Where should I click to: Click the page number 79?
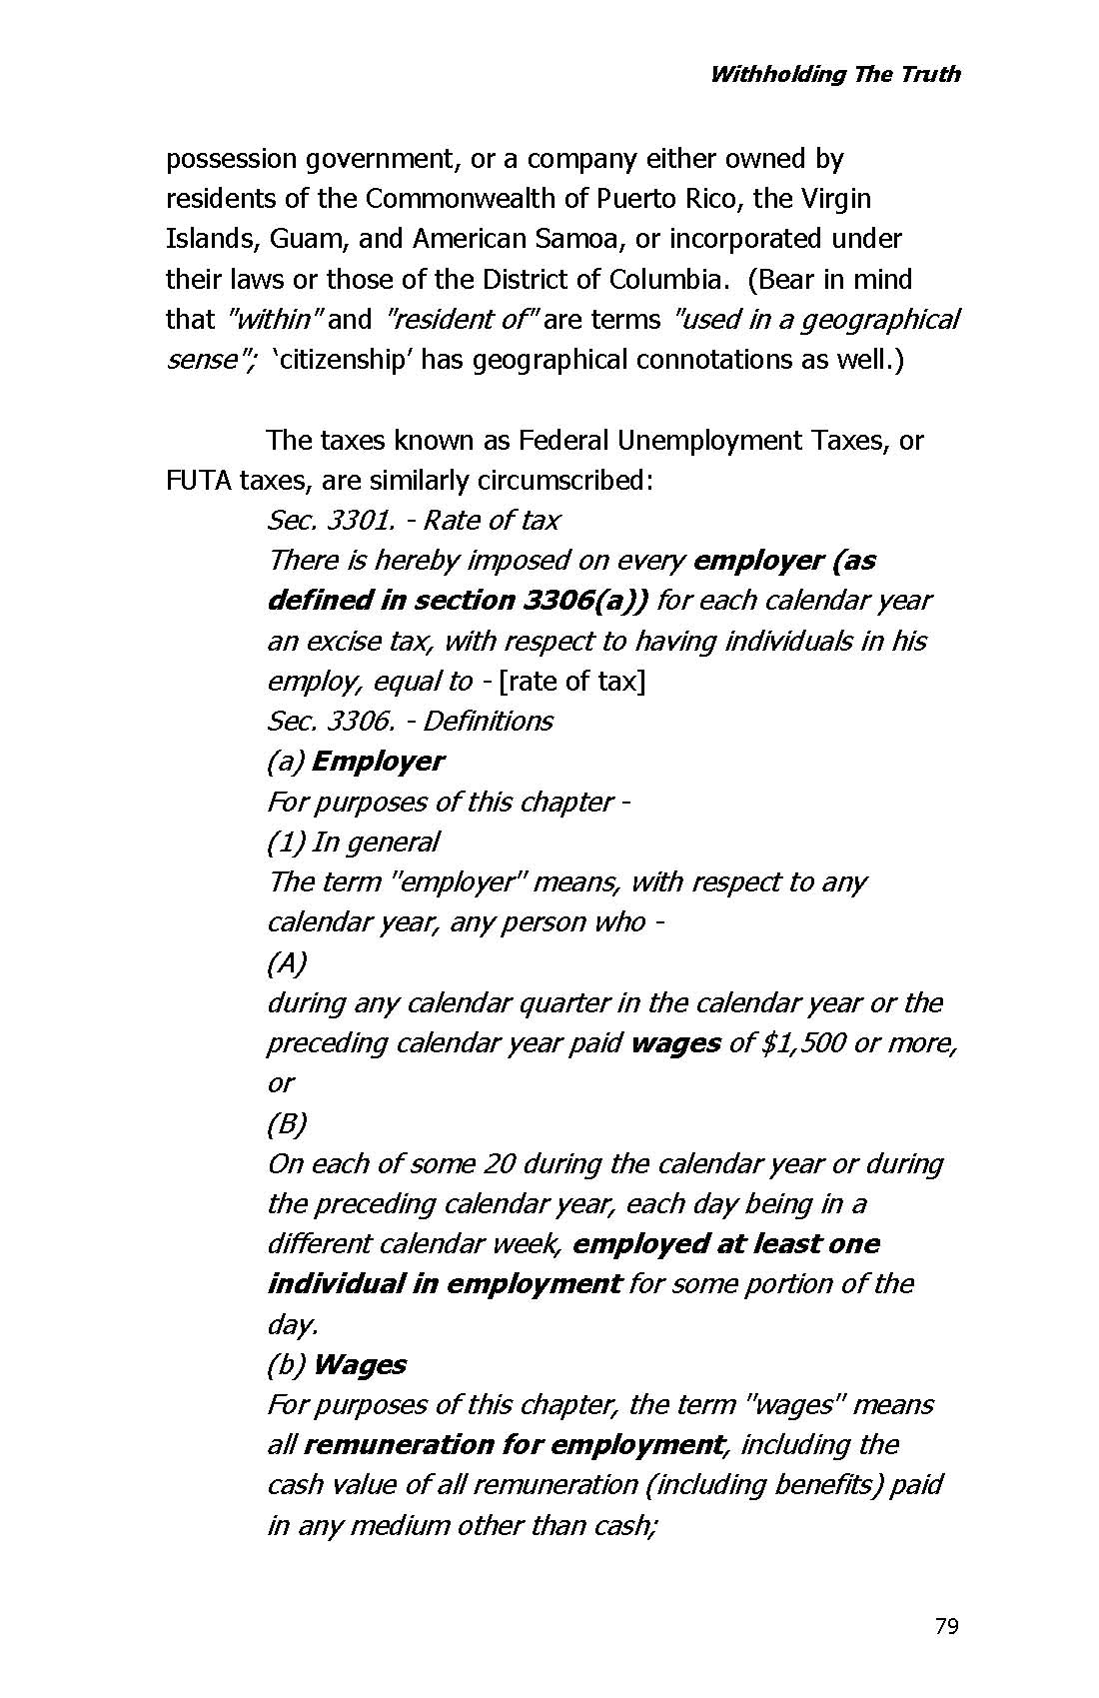point(946,1626)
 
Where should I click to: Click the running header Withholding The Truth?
point(834,74)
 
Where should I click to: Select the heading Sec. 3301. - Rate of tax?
point(413,521)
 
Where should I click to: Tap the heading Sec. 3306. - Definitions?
point(410,721)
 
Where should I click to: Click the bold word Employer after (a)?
point(378,762)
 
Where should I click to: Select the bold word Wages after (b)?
point(359,1365)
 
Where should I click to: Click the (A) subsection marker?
point(287,963)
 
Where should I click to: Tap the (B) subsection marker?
point(287,1124)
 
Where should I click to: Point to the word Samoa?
point(581,239)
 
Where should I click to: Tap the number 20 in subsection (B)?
point(499,1164)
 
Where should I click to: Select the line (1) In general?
point(353,843)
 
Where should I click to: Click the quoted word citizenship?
point(342,360)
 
